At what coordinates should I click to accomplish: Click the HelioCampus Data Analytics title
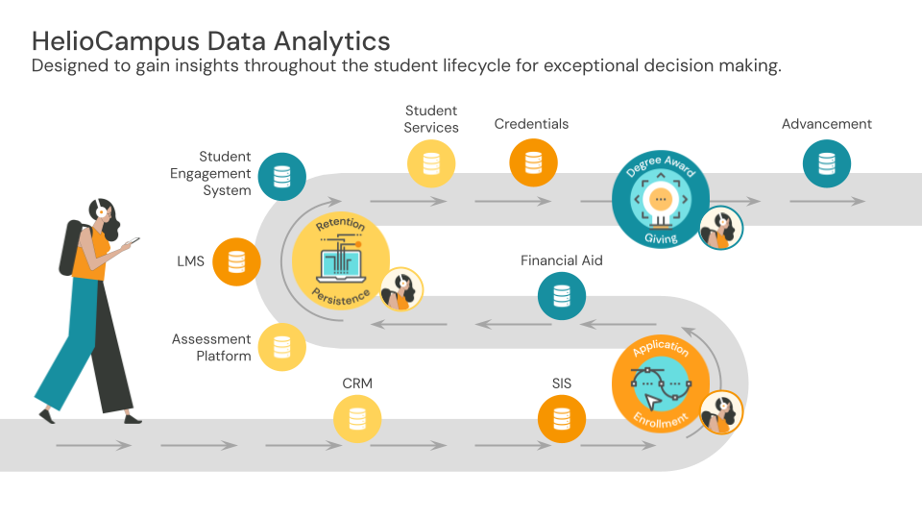211,40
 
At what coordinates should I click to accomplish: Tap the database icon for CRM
357,420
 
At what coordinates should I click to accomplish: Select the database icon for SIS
562,420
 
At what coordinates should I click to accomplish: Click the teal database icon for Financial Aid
562,297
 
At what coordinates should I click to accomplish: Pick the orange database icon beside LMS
236,261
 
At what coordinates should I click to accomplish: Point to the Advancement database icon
826,163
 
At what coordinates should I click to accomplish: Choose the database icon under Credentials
533,163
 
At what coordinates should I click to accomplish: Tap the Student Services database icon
431,163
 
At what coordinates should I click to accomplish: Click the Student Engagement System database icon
281,176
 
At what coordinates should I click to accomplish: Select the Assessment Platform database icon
281,347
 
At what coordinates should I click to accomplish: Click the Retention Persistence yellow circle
340,261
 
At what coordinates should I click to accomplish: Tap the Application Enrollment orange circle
660,383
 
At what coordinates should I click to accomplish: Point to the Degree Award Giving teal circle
660,200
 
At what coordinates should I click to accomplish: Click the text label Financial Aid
562,260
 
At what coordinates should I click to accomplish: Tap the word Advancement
826,124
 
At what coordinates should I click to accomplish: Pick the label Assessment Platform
211,347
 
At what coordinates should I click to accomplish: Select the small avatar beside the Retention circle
401,288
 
